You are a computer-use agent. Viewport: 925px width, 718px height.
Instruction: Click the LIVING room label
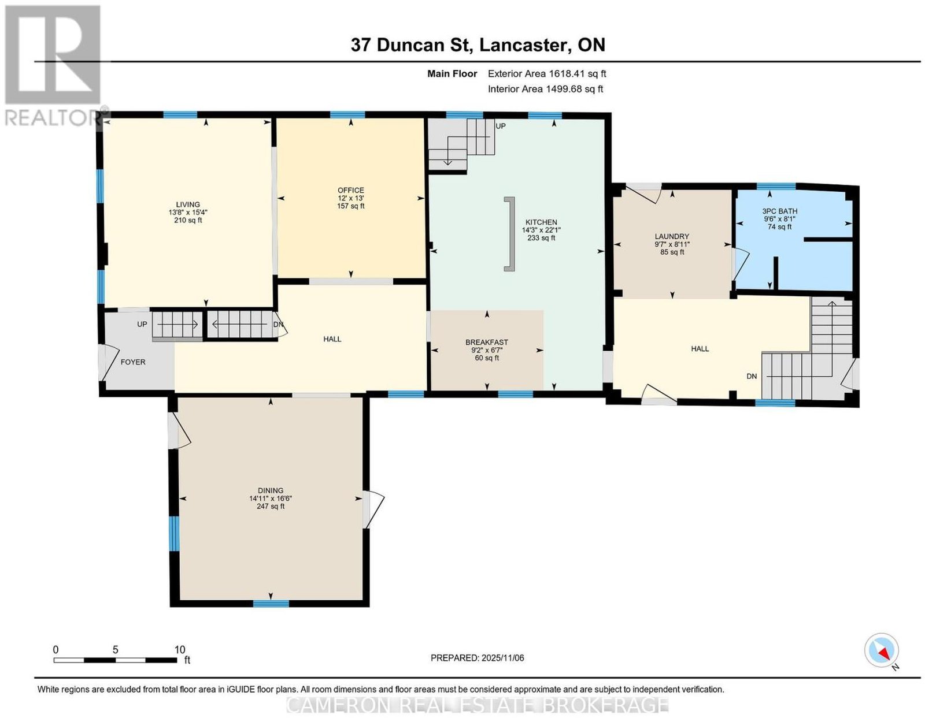click(x=188, y=204)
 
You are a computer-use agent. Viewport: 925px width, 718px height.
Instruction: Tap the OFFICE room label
click(x=351, y=190)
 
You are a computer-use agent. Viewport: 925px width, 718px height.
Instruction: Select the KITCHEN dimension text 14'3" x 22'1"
click(x=541, y=230)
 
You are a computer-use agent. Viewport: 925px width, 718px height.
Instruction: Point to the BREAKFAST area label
click(x=487, y=342)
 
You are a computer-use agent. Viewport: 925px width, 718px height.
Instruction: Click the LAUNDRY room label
click(x=672, y=236)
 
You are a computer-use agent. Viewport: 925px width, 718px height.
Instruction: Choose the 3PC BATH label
click(x=779, y=211)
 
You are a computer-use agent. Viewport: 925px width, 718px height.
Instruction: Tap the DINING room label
click(x=271, y=490)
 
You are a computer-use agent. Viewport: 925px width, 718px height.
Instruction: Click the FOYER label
click(x=133, y=362)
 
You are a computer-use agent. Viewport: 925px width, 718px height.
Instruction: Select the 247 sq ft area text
click(x=271, y=507)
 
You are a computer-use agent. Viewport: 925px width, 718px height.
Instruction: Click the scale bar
click(x=115, y=660)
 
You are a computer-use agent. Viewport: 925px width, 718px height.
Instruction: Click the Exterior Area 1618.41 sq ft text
click(x=547, y=73)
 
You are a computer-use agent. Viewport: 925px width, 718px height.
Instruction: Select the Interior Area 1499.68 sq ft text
click(x=545, y=89)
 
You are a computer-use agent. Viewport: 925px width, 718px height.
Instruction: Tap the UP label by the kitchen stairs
click(x=501, y=127)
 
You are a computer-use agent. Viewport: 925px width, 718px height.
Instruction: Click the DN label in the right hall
click(x=752, y=376)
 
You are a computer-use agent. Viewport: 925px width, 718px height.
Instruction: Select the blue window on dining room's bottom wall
click(x=271, y=603)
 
